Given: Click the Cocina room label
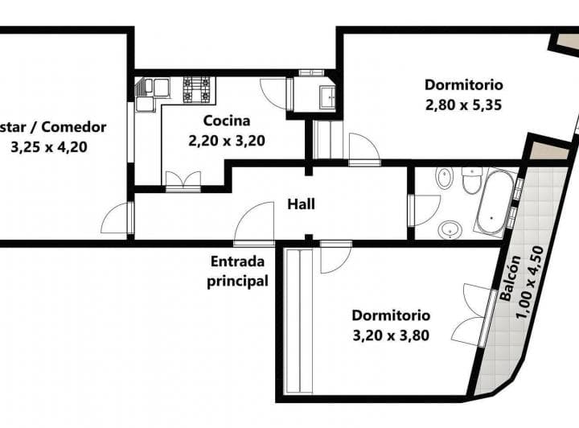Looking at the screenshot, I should [x=226, y=121].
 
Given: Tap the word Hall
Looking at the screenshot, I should [x=302, y=204].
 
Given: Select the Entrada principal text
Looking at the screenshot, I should [x=238, y=271].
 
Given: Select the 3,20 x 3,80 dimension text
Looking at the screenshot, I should [x=391, y=335].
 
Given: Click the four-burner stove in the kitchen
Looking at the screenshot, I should [x=197, y=88].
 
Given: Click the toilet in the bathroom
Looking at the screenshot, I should [x=471, y=180].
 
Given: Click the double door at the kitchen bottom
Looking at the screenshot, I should [x=183, y=180].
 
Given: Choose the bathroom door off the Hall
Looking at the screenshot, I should [x=423, y=208].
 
